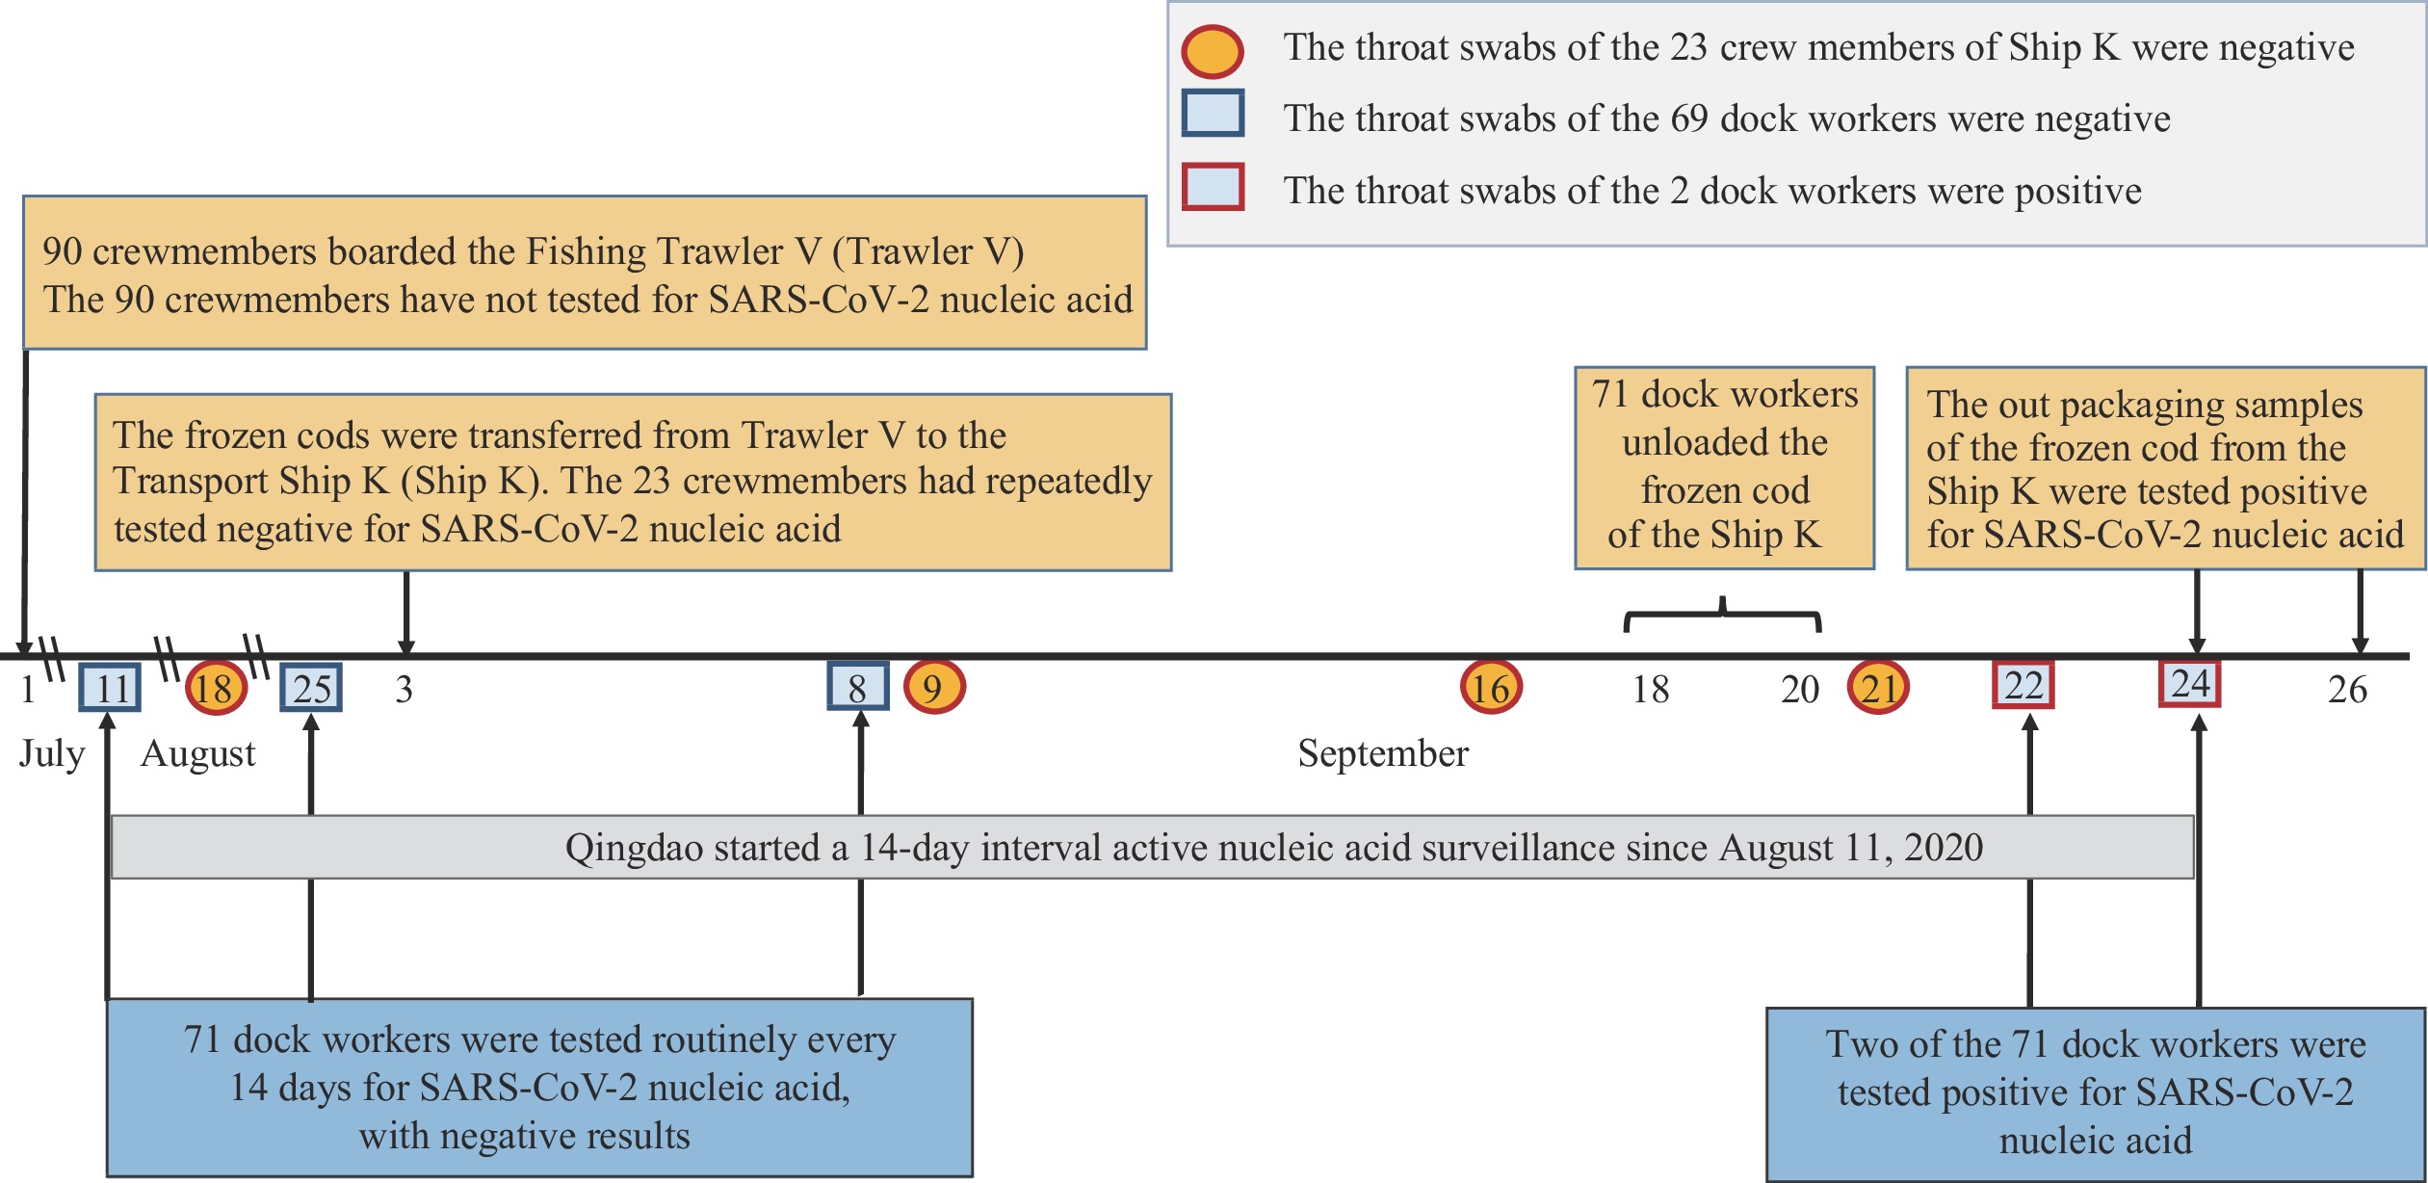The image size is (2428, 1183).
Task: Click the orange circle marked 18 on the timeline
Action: pos(216,688)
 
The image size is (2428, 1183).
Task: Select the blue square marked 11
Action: pos(110,688)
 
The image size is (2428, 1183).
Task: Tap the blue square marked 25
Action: pos(311,688)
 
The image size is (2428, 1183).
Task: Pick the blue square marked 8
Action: pos(858,686)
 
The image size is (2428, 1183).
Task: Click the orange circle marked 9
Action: pos(934,687)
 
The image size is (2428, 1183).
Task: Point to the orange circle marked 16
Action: pos(1491,687)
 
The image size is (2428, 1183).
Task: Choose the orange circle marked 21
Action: pos(1878,687)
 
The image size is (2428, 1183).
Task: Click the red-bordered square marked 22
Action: pos(2023,685)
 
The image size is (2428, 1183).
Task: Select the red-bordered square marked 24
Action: pos(2190,683)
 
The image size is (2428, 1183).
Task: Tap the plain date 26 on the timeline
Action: pos(2347,689)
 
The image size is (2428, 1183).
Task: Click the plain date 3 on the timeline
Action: pos(405,689)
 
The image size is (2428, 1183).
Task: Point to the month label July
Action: pos(52,753)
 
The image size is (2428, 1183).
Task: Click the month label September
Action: pos(1383,753)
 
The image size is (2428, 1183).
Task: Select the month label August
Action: pos(198,753)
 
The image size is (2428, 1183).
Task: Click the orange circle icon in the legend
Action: pos(1213,51)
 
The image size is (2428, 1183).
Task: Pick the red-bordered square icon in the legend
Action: pos(1214,186)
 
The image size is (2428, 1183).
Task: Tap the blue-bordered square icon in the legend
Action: pos(1214,113)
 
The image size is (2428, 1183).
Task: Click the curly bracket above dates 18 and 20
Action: pos(1723,613)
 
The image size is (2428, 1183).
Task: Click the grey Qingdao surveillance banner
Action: pos(1153,847)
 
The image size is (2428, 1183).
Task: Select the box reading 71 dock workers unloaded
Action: pos(1725,467)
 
